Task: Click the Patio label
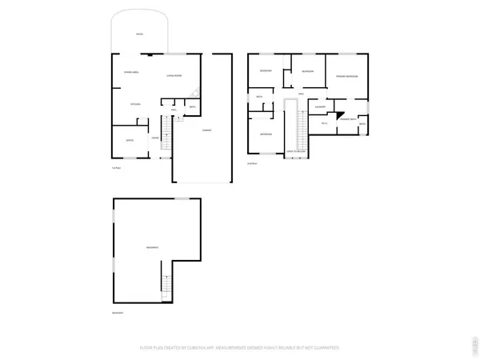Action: click(140, 34)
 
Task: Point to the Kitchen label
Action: click(136, 104)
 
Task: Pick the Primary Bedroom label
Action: click(346, 76)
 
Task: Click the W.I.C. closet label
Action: click(324, 123)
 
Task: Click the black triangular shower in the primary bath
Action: click(338, 113)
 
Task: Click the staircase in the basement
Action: click(166, 284)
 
